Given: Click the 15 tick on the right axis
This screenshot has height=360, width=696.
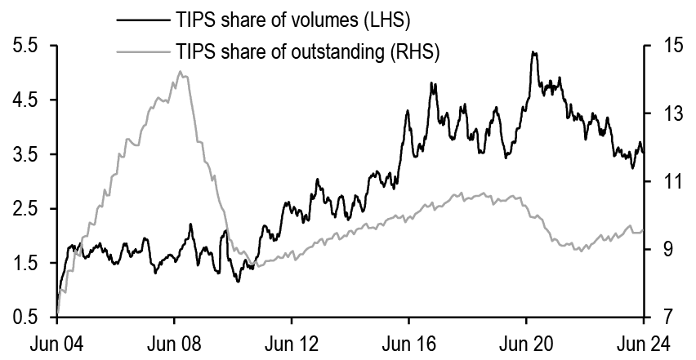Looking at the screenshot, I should (x=662, y=46).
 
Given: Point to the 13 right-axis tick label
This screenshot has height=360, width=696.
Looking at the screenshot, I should (x=662, y=113).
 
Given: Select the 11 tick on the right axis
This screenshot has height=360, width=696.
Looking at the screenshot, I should (x=662, y=181).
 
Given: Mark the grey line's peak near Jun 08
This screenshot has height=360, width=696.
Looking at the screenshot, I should (x=180, y=72).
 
